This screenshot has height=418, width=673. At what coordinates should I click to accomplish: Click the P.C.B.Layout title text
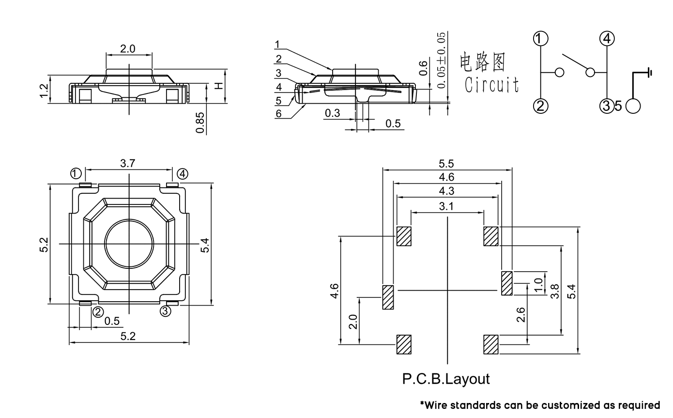point(446,379)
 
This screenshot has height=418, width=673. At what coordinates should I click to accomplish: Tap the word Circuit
point(491,84)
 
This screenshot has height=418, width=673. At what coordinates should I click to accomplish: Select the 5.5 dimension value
point(447,164)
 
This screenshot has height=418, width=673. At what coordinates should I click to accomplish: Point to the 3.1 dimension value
point(446,206)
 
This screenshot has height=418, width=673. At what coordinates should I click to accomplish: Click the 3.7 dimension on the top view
point(127,164)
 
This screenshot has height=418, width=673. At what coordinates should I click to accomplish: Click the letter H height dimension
point(219,86)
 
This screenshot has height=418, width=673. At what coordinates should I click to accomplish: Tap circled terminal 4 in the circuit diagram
point(607,38)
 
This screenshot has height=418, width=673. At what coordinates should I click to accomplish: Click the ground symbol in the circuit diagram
point(649,73)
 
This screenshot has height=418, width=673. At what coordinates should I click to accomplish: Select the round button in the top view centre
point(129,244)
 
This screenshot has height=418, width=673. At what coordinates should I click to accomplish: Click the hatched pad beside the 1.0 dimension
point(506,283)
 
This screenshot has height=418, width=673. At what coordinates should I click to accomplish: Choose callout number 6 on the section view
point(278,114)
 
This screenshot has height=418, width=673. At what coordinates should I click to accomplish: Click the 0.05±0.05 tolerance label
point(441,60)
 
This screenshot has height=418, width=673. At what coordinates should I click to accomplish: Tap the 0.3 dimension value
point(332,113)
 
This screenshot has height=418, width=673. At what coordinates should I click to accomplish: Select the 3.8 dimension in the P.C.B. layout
point(555,291)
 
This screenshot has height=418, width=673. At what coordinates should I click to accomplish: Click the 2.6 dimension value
point(521,315)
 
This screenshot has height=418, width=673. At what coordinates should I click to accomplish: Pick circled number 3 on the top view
point(166,311)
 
